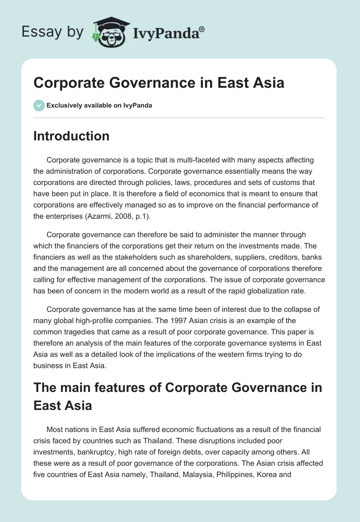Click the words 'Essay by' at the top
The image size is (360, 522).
coord(53,32)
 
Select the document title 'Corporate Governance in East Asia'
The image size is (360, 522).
coord(158,83)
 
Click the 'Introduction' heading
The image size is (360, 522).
coord(71,136)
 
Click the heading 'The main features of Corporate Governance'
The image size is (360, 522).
coord(178,387)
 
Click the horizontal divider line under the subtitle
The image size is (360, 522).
coord(179,118)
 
